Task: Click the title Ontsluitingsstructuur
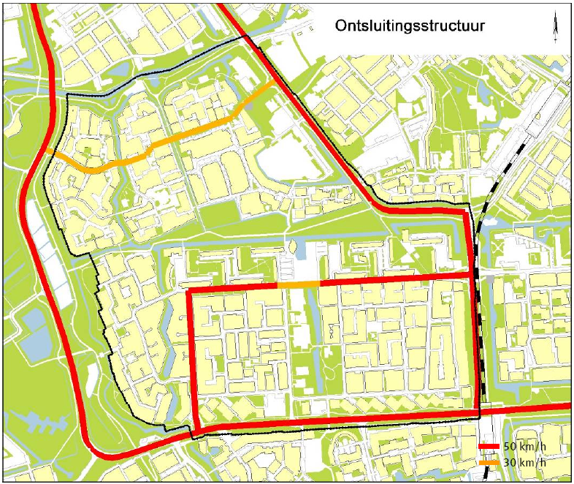click(410, 26)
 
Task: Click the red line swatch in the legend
click(489, 447)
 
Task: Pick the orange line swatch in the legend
click(489, 463)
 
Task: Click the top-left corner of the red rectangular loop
click(191, 292)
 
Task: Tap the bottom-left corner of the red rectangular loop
click(196, 429)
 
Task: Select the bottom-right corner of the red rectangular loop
click(478, 413)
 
